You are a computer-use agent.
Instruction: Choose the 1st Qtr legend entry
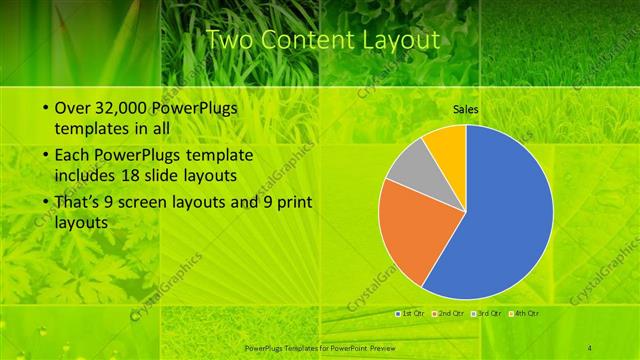(x=409, y=313)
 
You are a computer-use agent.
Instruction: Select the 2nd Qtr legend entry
(x=449, y=313)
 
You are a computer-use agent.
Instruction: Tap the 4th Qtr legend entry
(x=526, y=313)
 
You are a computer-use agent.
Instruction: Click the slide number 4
(x=591, y=345)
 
